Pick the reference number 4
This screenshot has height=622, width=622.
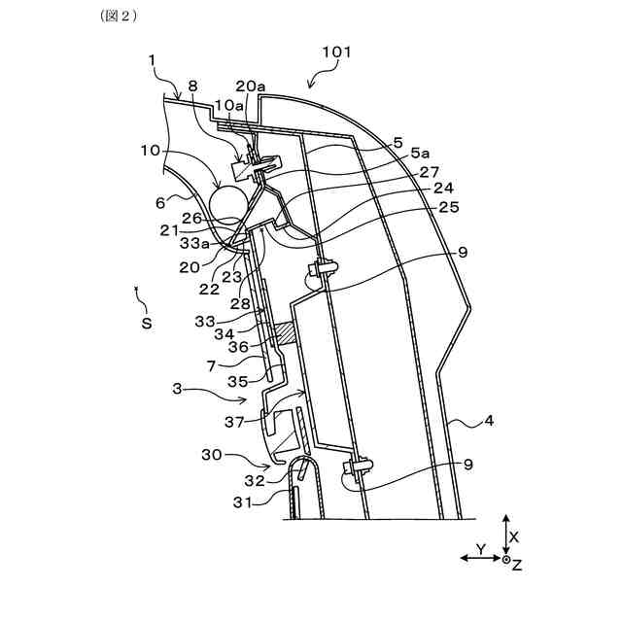click(x=489, y=422)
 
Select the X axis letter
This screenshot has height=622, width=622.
click(x=515, y=535)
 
